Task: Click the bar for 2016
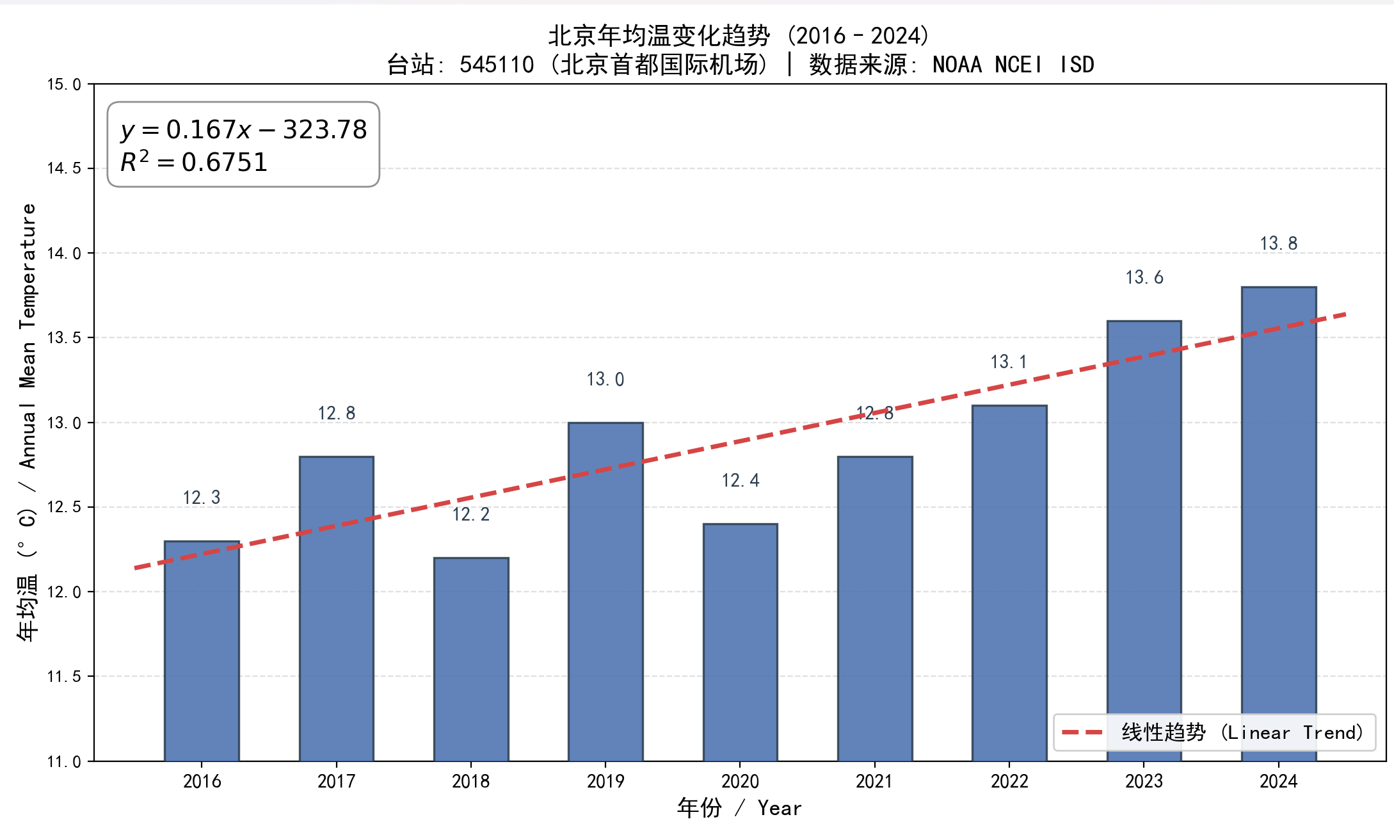(202, 651)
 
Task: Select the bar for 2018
(471, 659)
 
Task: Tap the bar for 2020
(741, 642)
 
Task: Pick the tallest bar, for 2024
(1279, 524)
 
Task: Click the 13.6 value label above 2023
(1144, 277)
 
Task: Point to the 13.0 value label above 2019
(605, 379)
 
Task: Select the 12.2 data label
(471, 514)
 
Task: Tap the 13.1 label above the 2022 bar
(1009, 362)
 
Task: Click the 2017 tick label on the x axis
(337, 781)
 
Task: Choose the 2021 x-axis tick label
(875, 781)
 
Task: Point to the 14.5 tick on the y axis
(64, 168)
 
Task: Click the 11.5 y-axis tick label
(64, 676)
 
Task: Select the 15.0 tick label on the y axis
(64, 85)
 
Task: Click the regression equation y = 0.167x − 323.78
(244, 129)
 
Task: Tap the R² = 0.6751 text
(194, 161)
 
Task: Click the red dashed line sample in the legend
(1082, 732)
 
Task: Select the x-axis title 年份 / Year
(739, 808)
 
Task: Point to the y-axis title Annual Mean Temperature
(28, 336)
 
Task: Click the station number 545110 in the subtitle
(497, 65)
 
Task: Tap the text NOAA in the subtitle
(957, 65)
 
